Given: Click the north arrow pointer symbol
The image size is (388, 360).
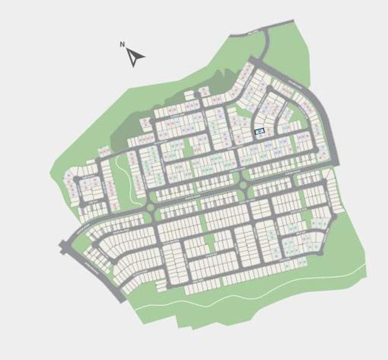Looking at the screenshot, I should pos(136,57).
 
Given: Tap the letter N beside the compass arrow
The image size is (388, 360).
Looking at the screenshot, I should pos(123,44).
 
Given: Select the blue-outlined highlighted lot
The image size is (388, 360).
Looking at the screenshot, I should pos(259,130).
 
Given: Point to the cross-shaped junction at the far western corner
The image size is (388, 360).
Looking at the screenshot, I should pos(65,245).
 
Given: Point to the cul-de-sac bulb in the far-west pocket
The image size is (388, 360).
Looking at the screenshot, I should pos(76,178).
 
